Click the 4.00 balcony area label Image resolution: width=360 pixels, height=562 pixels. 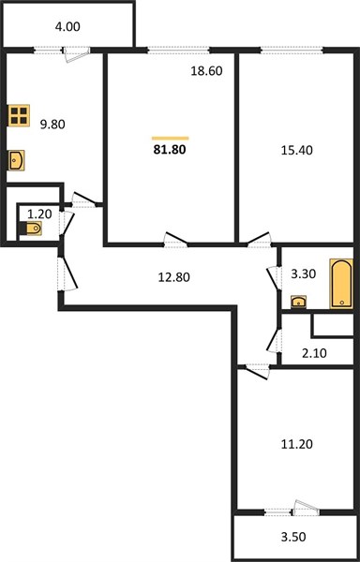67,27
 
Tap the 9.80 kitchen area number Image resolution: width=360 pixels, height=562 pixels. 52,125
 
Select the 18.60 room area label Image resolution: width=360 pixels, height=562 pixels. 206,71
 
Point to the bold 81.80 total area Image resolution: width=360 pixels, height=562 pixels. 170,149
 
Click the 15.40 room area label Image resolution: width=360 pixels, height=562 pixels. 296,150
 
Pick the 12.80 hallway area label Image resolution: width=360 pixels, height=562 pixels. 173,277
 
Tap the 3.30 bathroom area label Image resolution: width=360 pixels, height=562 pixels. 304,274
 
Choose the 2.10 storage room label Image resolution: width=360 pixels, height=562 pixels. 314,353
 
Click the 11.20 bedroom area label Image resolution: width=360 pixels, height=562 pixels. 296,444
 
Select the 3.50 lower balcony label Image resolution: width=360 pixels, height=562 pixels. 293,537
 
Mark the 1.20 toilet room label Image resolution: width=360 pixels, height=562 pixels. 39,214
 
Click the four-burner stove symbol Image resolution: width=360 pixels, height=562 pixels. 19,115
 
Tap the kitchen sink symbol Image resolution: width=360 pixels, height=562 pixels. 16,160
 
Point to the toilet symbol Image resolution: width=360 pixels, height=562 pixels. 32,228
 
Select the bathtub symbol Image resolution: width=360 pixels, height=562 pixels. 341,283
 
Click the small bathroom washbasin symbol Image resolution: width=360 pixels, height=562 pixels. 298,303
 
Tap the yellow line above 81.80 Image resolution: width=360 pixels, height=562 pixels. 171,138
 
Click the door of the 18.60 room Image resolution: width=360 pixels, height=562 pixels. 175,240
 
